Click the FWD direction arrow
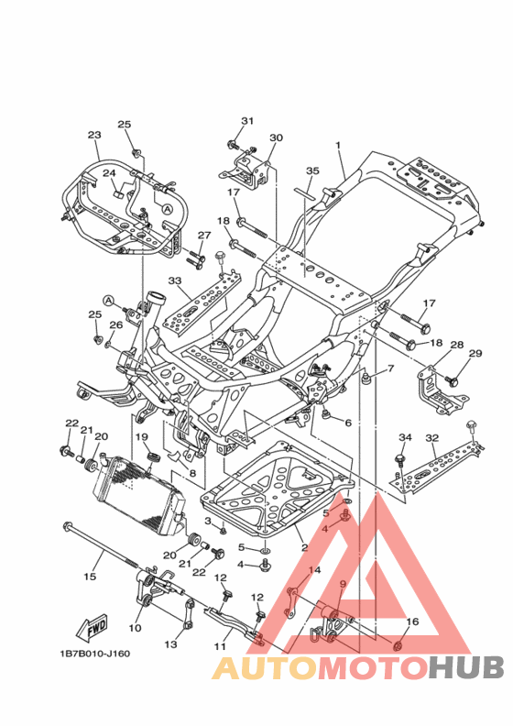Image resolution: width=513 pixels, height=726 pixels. point(92,627)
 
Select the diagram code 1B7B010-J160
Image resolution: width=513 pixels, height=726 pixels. point(95,654)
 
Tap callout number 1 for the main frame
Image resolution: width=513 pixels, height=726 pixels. point(338,145)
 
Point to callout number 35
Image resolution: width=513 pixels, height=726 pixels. point(312,170)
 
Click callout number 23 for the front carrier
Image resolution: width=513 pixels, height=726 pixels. point(94,135)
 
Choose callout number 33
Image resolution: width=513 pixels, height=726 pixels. point(175,280)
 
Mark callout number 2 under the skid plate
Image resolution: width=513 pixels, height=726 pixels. point(304,548)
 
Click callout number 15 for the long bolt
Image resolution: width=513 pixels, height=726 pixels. point(90,577)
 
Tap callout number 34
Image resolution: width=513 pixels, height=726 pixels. point(405,437)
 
